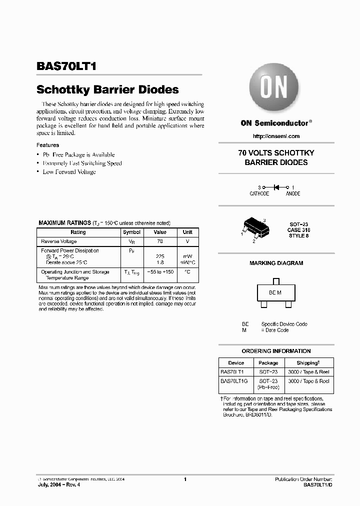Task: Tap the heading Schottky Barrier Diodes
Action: click(x=107, y=90)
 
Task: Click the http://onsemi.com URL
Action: click(x=276, y=136)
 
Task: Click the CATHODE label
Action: click(x=259, y=193)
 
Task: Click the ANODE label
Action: click(x=293, y=193)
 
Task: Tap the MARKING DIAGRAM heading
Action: click(x=276, y=263)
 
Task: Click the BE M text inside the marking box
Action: click(x=275, y=292)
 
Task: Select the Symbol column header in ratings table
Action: click(x=132, y=232)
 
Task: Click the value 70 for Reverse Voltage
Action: click(x=160, y=241)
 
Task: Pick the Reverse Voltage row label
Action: click(x=59, y=241)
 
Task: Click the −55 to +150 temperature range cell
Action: click(x=160, y=271)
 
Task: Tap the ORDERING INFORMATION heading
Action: click(x=276, y=351)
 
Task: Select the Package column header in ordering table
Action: click(x=268, y=363)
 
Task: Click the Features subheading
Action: click(x=47, y=145)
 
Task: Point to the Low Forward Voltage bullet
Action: click(x=69, y=172)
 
